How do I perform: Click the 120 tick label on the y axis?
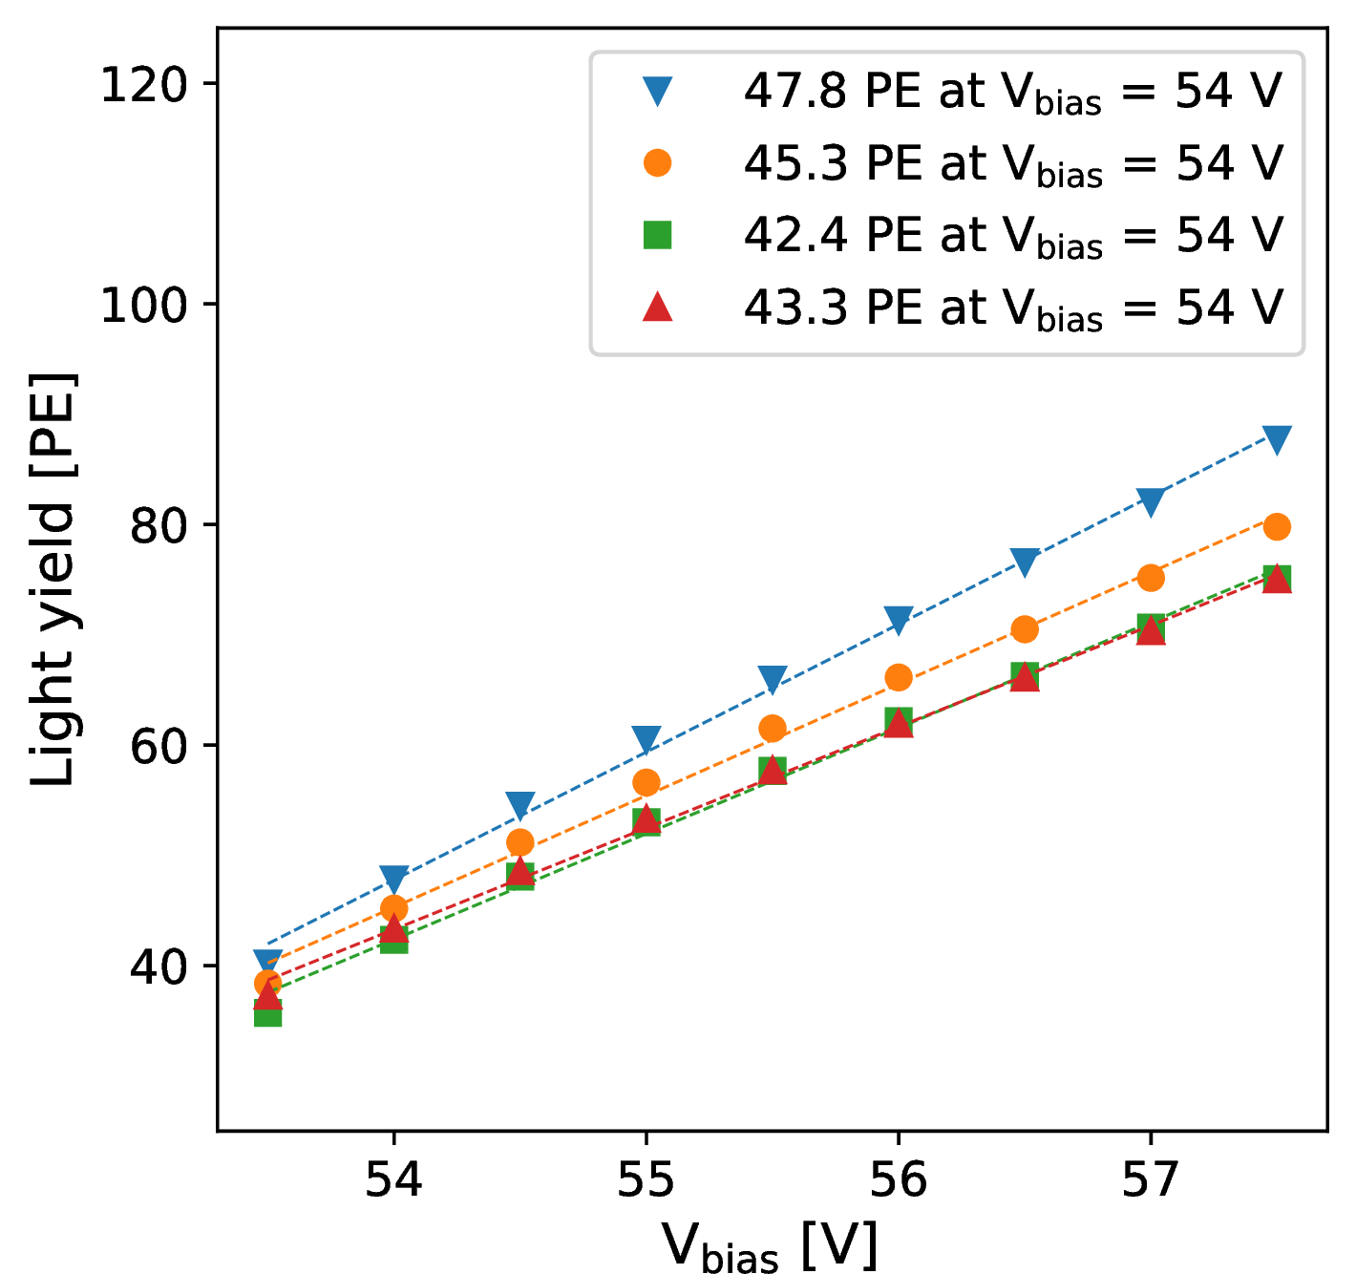[144, 85]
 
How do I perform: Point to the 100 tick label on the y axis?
[144, 306]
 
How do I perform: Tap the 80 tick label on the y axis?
[159, 526]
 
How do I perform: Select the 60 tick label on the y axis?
[159, 747]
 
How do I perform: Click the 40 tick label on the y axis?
[159, 967]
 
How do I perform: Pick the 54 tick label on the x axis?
[394, 1179]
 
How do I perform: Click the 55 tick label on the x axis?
[646, 1179]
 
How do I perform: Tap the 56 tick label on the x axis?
[899, 1179]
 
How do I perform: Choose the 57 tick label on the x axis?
[1151, 1179]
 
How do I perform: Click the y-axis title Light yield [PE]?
[53, 580]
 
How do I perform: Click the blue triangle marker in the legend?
[658, 92]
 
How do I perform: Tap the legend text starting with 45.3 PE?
[1013, 164]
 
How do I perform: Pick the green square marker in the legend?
[658, 235]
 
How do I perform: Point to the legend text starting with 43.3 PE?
[1013, 308]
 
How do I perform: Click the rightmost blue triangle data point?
[1277, 439]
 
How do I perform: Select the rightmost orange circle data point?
[1277, 526]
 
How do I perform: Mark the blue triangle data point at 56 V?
[899, 619]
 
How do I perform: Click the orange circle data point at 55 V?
[646, 782]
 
